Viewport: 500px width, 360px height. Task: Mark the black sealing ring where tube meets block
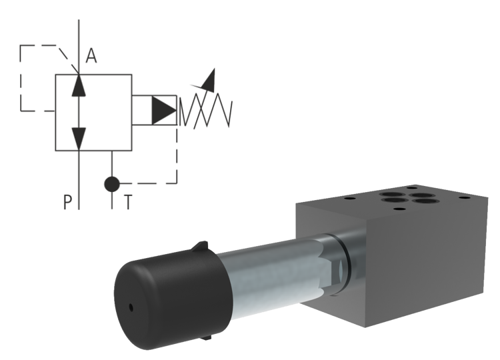tap(346, 263)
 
